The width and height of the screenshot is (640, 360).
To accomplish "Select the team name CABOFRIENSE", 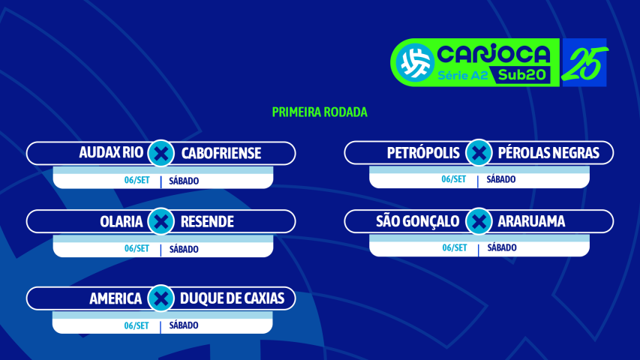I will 221,154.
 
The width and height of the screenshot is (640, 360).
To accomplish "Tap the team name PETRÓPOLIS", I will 423,154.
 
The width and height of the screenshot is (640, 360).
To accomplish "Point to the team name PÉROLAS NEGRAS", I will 548,154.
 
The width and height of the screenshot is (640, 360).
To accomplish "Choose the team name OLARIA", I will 121,222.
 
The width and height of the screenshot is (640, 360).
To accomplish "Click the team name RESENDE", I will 207,222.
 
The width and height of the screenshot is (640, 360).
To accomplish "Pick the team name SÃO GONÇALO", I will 417,222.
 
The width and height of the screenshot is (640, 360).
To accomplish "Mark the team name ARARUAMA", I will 531,222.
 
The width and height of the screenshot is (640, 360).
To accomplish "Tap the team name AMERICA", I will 116,298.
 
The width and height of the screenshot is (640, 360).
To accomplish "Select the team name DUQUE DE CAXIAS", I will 233,298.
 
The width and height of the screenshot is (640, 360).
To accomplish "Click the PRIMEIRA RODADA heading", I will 320,112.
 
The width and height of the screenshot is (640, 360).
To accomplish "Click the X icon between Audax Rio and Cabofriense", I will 161,154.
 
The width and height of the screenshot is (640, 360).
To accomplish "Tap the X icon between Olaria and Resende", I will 161,222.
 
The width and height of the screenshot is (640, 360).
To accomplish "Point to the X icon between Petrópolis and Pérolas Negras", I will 478,154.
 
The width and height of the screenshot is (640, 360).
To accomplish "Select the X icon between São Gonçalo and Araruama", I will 478,222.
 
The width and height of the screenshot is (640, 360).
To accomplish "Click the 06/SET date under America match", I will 137,325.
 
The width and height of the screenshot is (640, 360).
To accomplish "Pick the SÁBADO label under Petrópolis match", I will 501,180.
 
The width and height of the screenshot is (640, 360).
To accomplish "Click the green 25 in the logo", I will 584,62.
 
